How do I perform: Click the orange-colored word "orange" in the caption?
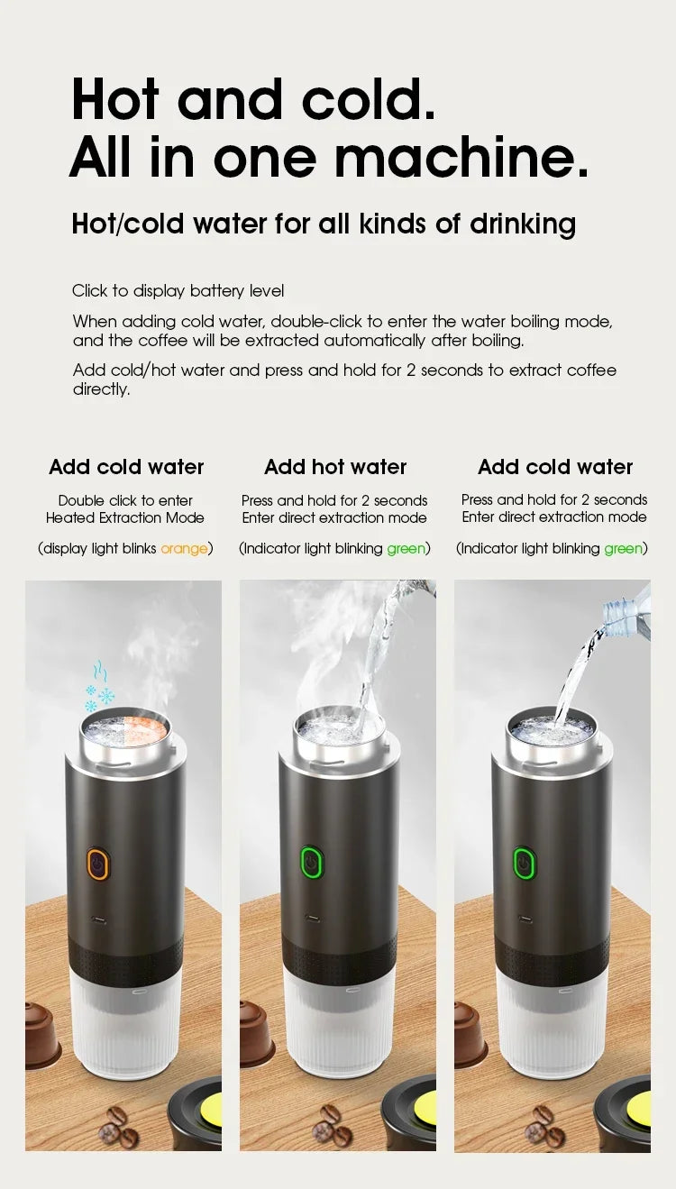click(184, 548)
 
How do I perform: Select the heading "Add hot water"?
click(335, 467)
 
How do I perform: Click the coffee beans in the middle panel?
click(331, 1122)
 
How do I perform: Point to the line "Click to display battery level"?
click(178, 291)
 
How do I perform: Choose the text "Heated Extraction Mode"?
click(125, 517)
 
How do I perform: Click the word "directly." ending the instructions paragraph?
click(101, 389)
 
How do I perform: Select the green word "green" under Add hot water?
click(406, 548)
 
